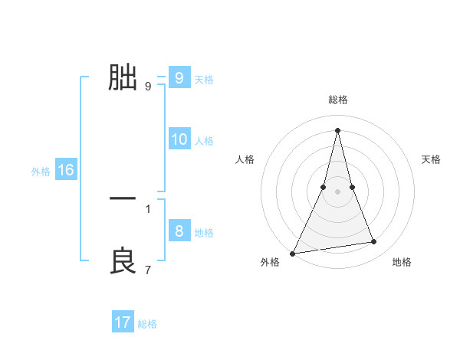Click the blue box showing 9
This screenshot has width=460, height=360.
point(179,78)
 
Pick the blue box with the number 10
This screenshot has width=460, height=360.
point(179,139)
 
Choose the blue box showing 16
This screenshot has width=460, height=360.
point(66,171)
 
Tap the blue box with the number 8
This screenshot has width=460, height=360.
point(179,231)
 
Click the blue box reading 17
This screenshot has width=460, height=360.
point(123,322)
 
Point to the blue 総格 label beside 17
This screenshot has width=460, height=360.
point(147,324)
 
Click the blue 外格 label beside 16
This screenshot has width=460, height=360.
point(41,172)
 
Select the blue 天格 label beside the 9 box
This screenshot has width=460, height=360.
point(204,80)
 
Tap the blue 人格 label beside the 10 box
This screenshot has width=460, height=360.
point(204,141)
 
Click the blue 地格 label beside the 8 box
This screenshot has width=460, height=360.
point(204,233)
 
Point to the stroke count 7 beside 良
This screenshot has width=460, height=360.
point(148,270)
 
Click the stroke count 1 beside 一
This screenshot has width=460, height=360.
point(148,208)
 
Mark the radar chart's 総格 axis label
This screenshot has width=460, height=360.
point(337,100)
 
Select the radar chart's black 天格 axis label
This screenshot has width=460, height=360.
point(432,159)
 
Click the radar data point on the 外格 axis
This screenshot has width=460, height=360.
point(293,254)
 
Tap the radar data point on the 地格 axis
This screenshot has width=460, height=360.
point(374,242)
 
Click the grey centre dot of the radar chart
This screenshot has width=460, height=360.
point(337,191)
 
